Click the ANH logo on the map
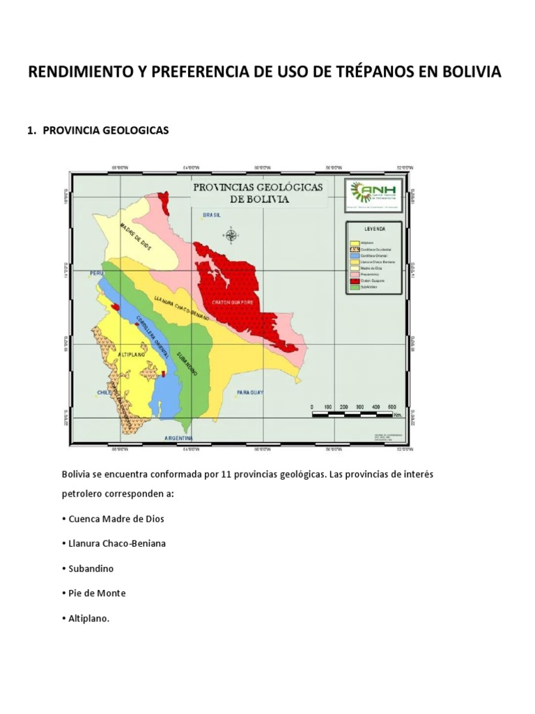[x=373, y=194]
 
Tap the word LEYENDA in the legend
[x=374, y=228]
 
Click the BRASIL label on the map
[x=212, y=215]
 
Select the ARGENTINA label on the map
[x=179, y=439]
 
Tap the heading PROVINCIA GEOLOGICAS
[x=105, y=130]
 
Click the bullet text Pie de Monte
[x=97, y=593]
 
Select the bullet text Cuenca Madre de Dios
[x=116, y=519]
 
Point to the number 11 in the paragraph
[x=226, y=474]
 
